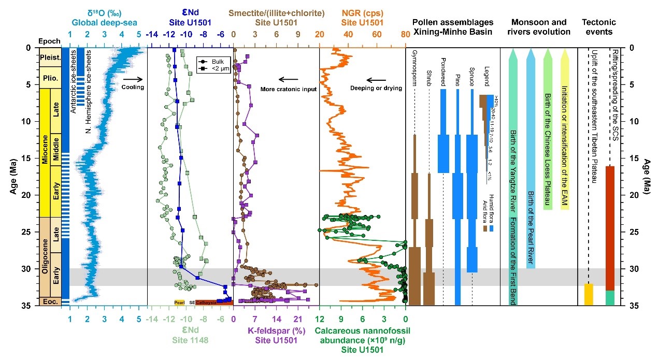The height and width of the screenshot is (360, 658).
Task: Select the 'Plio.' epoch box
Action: pos(50,84)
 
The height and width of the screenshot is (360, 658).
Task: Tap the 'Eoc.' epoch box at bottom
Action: pos(50,301)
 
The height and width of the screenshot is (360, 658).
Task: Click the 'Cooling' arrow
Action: pos(133,80)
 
